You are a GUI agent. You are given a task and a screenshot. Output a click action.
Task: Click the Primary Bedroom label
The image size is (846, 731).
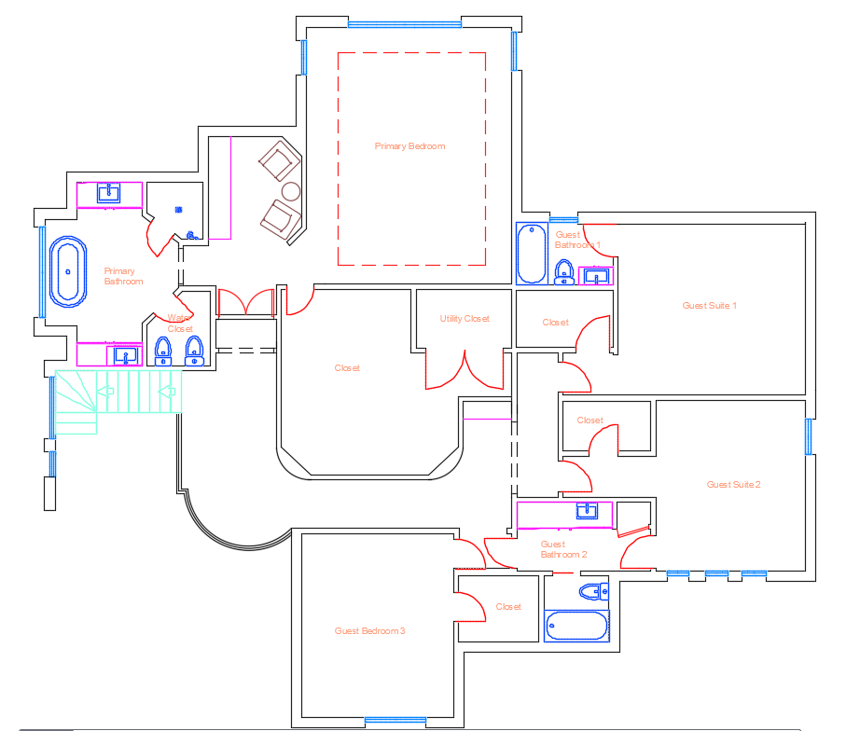coord(409,146)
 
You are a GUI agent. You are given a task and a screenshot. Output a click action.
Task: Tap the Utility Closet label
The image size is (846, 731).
coord(465,319)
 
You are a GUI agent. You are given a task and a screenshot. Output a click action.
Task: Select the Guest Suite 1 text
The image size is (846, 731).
coord(710,306)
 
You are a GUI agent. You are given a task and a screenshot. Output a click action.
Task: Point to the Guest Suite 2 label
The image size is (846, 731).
coord(733,485)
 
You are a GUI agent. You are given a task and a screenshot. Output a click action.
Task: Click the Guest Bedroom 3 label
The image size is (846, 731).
coord(369,631)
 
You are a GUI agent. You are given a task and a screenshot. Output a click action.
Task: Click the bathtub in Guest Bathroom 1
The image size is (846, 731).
coord(532,253)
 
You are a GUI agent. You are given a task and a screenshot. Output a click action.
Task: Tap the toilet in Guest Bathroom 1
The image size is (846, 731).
coord(563,271)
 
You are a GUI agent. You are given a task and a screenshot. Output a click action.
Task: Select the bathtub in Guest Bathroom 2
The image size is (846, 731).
coord(576,625)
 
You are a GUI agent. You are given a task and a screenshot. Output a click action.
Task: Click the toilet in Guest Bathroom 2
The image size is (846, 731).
coord(591,591)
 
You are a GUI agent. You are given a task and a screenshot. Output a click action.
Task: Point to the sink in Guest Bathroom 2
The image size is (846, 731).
coord(587,511)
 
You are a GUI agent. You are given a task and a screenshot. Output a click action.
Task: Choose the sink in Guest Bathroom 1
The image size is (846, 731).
coord(594,276)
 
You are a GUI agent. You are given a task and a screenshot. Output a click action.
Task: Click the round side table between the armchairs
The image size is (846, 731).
coord(291,192)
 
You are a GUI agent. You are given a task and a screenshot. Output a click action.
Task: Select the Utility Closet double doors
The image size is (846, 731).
coord(465,370)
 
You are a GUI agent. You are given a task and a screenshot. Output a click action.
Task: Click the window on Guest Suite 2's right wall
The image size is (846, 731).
coord(809,436)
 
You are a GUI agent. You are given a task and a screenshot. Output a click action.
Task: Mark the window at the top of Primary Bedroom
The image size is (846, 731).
coord(405,24)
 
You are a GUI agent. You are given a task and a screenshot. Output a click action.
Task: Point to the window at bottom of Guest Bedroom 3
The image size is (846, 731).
coord(395,720)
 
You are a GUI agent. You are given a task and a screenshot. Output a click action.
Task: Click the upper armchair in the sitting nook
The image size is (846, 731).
coord(278,161)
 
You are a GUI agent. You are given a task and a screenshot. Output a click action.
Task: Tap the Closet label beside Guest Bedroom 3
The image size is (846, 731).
coord(508,607)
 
